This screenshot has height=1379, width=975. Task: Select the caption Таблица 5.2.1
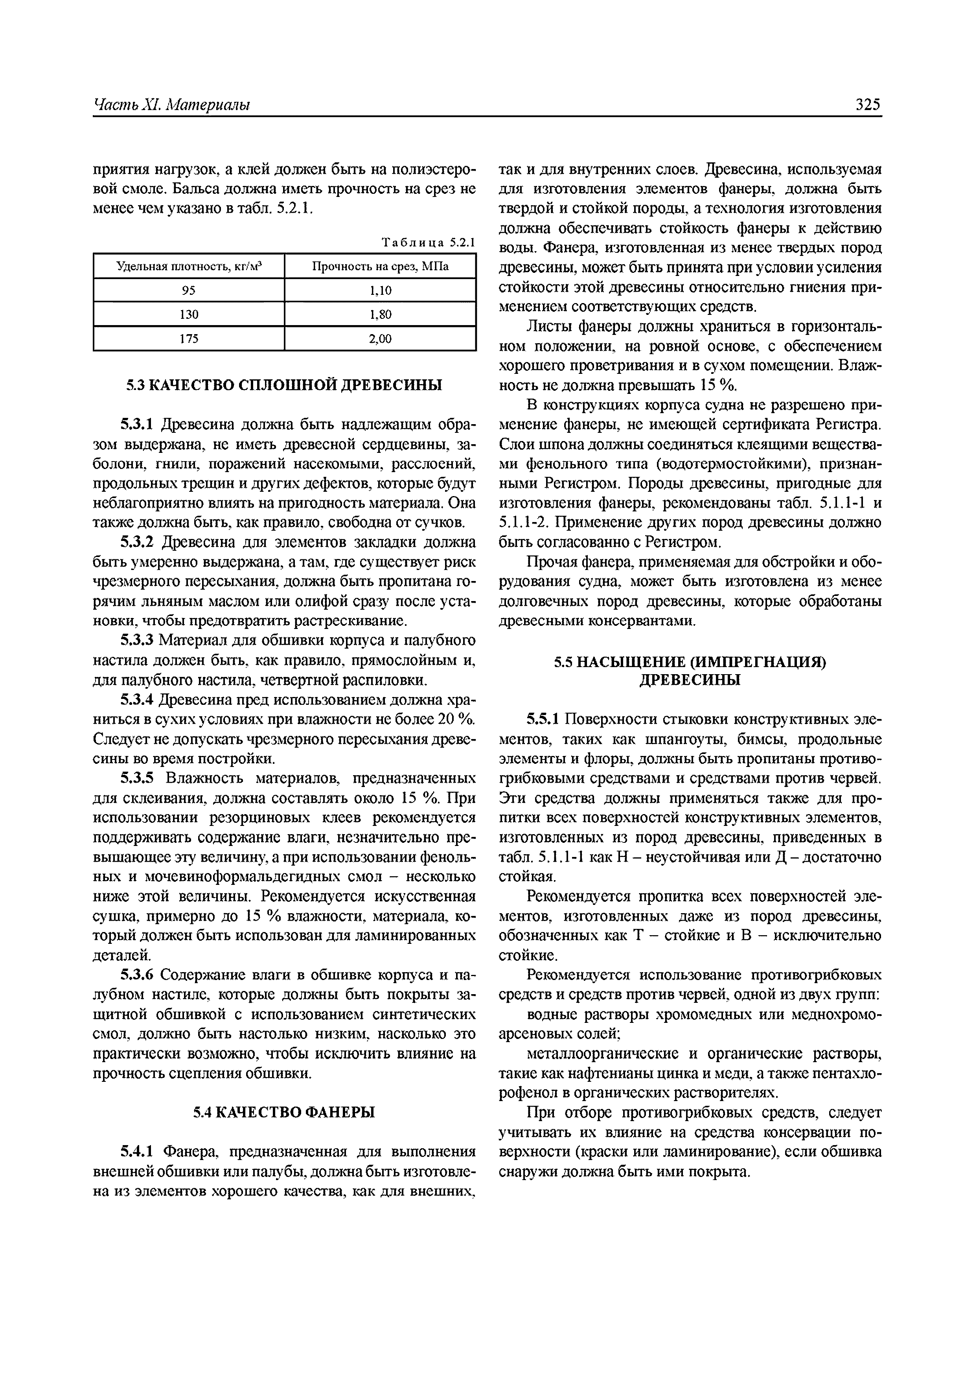point(428,243)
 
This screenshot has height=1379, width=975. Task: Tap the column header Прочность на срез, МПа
point(380,266)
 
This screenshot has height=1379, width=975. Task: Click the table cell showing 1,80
point(380,314)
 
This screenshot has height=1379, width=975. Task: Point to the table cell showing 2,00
point(380,339)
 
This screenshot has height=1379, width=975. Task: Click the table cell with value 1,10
point(380,290)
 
